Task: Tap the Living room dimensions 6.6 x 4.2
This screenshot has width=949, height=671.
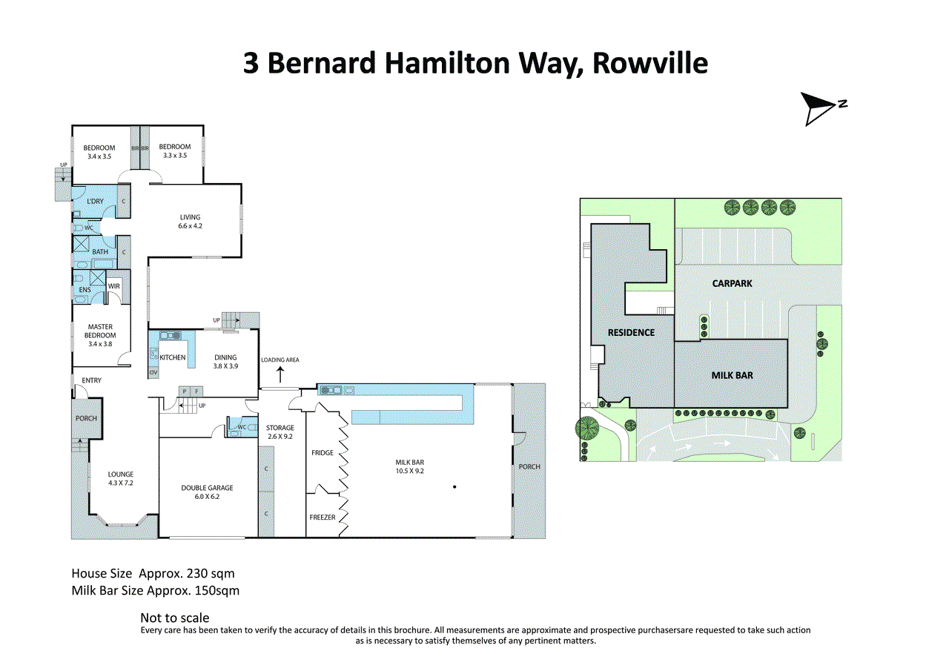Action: pos(191,226)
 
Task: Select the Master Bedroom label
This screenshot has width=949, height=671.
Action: pos(100,331)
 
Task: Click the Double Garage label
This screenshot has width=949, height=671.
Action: pos(207,488)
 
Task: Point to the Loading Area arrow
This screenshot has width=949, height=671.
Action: pos(280,374)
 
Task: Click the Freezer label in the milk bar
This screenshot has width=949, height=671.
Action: pos(323,518)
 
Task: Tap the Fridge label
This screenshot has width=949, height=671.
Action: pos(323,453)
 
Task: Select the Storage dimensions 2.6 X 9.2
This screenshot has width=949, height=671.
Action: pos(280,436)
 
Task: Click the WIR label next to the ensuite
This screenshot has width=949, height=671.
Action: pos(114,286)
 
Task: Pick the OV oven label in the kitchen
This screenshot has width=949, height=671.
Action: pos(153,373)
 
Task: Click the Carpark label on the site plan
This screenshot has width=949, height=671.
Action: pos(732,283)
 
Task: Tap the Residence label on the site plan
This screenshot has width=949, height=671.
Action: pos(631,333)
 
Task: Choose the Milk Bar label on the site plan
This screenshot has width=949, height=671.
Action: pos(732,375)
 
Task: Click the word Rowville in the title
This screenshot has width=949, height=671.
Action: pos(650,63)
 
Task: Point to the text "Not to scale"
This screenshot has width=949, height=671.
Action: pos(174,618)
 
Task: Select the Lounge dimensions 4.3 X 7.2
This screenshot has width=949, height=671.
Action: pos(121,483)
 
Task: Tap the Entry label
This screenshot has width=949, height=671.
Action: pos(91,380)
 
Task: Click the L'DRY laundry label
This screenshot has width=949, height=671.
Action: pos(95,201)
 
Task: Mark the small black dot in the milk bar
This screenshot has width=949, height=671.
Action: pos(454,486)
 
